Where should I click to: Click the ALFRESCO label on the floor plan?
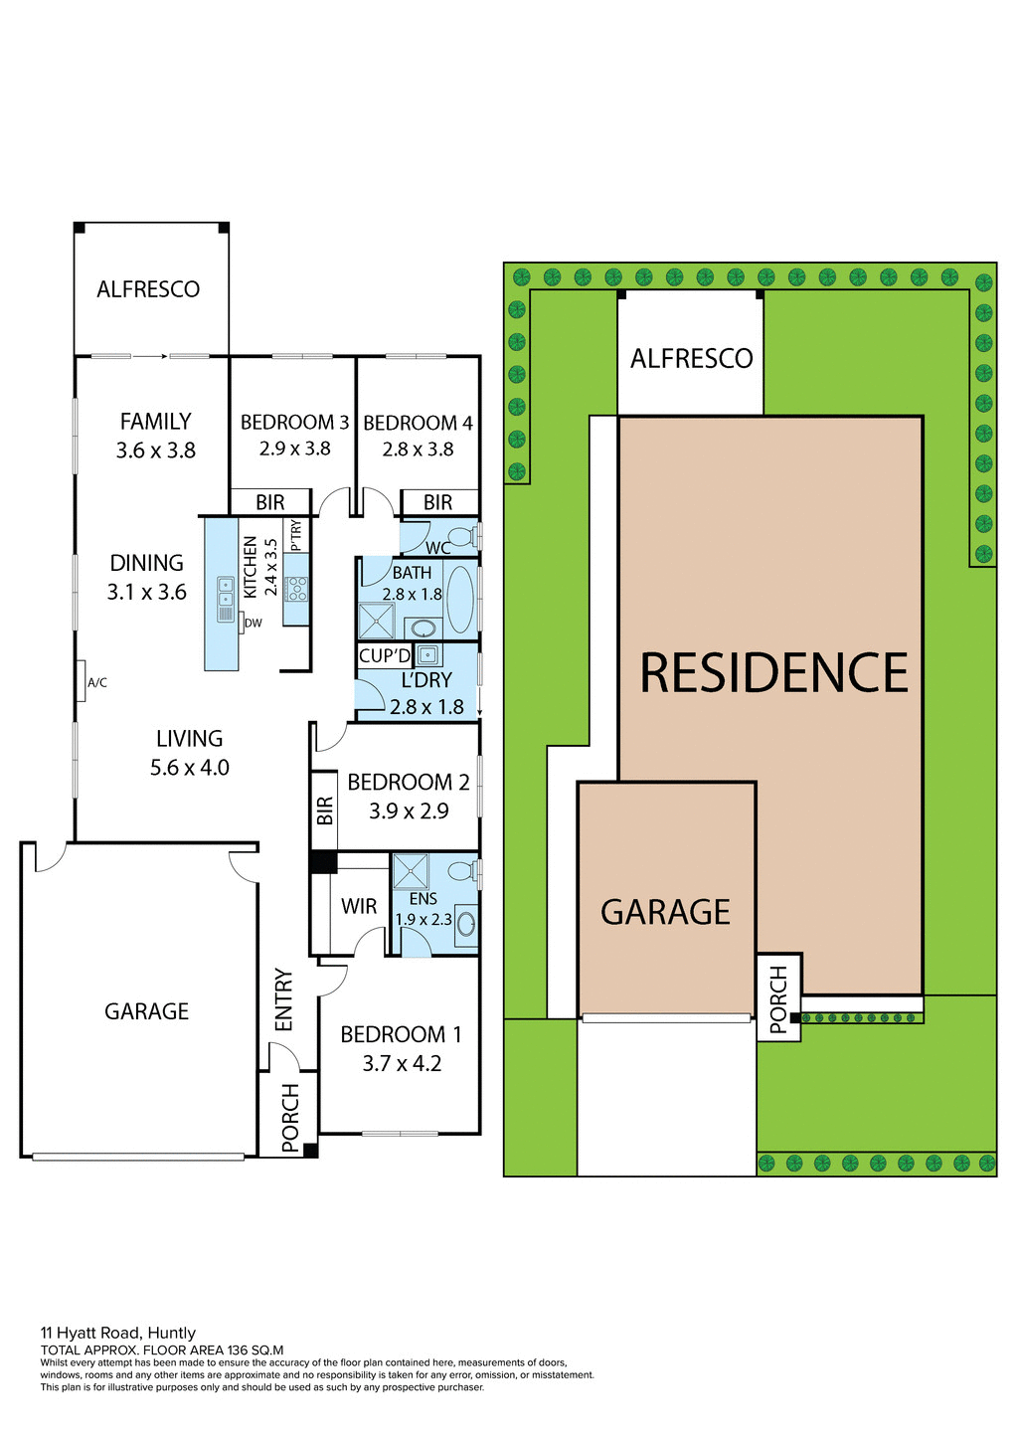coord(148,289)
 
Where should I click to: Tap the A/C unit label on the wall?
coord(97,683)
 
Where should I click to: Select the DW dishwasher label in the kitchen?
coord(254,624)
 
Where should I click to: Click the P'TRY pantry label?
coord(295,535)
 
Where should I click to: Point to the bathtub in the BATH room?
coord(460,600)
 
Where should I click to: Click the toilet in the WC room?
coord(464,537)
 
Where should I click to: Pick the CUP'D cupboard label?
coord(384,656)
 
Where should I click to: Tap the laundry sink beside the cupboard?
coord(428,654)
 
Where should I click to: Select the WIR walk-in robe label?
coord(359,906)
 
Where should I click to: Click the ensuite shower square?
coord(410,871)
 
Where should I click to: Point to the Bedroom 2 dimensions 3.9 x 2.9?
coord(409,811)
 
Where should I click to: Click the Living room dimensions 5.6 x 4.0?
coord(190,768)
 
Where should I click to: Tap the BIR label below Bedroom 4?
coord(437,503)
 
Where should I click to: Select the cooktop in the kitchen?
coord(296,589)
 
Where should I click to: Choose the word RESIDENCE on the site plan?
coord(773,673)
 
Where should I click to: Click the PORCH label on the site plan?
coord(778,998)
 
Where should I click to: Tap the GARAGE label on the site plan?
coord(665,912)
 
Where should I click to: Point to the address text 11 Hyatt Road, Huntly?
coord(118,1333)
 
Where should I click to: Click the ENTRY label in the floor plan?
coord(284,999)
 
